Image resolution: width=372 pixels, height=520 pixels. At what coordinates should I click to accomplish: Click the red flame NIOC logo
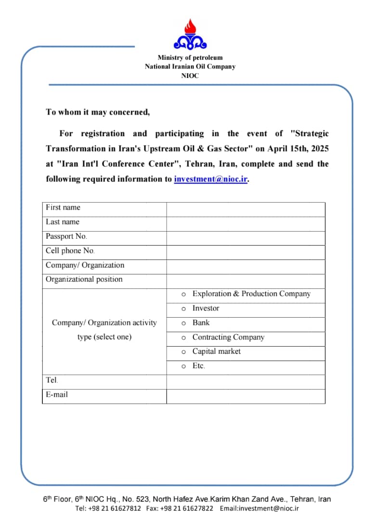pos(190,35)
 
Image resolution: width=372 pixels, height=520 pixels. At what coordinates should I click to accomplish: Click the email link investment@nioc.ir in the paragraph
pos(211,179)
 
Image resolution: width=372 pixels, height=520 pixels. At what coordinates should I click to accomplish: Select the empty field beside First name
pos(245,209)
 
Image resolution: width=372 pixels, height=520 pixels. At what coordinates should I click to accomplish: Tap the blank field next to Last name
pos(245,224)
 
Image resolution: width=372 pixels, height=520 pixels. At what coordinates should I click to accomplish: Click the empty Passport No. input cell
pos(245,238)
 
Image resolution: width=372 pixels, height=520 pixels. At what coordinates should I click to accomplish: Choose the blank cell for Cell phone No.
pos(245,253)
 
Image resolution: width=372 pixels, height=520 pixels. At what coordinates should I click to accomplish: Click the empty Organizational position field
pos(245,281)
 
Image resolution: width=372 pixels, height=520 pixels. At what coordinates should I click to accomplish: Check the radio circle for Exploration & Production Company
pos(183,294)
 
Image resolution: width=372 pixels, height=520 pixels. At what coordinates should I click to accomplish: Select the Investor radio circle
pos(183,309)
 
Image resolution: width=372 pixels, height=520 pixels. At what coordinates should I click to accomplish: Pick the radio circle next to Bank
pos(183,323)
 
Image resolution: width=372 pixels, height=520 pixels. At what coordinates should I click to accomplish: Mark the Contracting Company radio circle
pos(183,338)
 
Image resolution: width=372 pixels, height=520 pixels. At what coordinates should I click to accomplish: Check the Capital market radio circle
pos(183,352)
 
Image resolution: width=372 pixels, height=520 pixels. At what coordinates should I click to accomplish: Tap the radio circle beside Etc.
pos(183,366)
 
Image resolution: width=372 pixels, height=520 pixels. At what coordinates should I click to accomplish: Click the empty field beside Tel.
pos(245,382)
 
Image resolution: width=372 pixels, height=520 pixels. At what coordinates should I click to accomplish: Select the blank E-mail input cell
pos(245,396)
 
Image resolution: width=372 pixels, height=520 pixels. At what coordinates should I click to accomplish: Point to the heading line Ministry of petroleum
pos(190,58)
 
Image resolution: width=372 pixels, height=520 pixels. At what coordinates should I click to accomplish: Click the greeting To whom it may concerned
pos(98,112)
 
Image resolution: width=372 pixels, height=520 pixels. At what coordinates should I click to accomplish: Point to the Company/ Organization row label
pos(85,265)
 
